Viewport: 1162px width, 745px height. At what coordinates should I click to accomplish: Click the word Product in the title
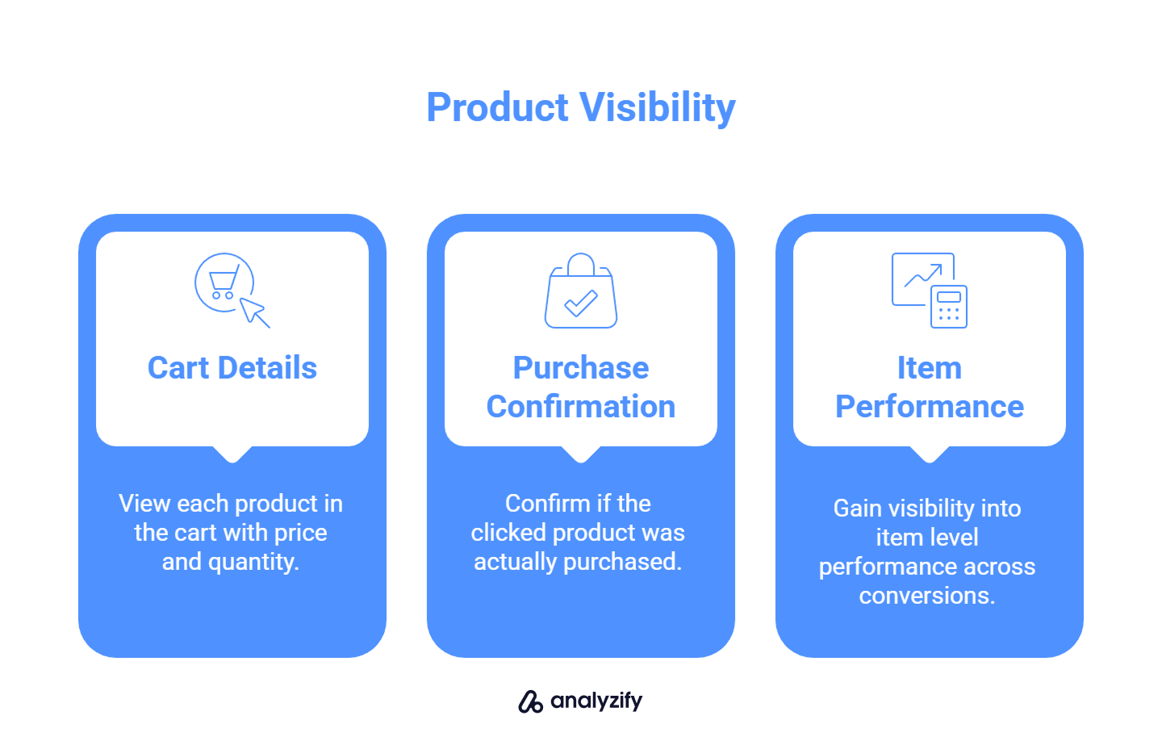tap(498, 108)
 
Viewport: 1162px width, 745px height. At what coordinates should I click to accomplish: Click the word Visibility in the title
tap(658, 108)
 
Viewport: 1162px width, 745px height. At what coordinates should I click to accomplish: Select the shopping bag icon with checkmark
tap(581, 291)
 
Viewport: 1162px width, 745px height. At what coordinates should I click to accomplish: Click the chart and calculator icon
tap(929, 291)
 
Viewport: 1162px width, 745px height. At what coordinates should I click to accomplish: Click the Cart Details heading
tap(232, 368)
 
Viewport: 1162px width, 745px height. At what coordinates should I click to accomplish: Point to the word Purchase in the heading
tap(581, 368)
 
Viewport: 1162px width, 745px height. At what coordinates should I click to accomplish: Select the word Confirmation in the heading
tap(581, 407)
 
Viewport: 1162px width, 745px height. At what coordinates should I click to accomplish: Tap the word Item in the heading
tap(930, 368)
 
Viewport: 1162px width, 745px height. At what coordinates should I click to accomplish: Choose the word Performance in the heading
tap(930, 407)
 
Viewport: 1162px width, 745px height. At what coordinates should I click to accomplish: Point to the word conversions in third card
tap(926, 596)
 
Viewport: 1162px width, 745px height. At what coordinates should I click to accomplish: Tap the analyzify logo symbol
tap(530, 701)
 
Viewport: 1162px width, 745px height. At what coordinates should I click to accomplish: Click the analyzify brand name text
tap(596, 701)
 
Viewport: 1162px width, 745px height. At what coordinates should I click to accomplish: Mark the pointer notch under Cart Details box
tap(232, 454)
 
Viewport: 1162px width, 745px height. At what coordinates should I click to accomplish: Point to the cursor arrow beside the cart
tap(255, 312)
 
